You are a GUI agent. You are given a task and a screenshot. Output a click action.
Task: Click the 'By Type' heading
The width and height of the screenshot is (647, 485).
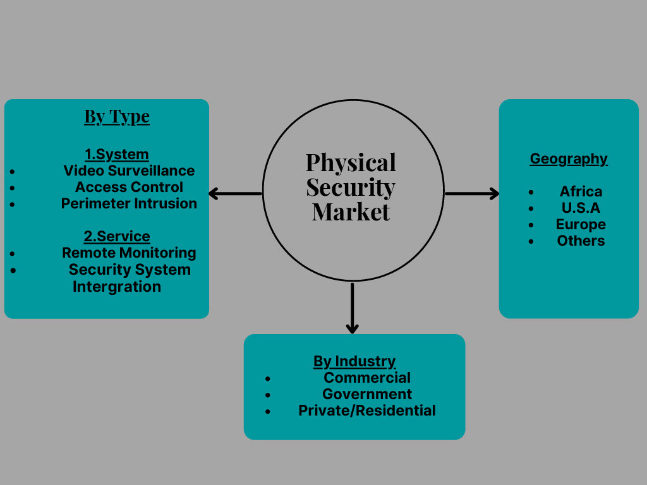point(117,117)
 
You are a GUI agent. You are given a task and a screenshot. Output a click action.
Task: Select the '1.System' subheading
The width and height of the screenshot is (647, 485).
point(117,154)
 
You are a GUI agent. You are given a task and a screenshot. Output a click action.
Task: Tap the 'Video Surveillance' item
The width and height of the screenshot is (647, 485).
point(129,171)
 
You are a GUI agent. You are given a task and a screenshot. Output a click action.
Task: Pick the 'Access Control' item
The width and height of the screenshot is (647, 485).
point(129,187)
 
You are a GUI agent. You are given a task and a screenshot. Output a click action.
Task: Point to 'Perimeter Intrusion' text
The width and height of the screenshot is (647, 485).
point(129,203)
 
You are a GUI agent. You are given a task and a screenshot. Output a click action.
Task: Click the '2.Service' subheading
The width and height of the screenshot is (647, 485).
point(117,236)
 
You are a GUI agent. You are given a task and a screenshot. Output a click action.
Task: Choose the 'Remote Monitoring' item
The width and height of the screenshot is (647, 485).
point(129,253)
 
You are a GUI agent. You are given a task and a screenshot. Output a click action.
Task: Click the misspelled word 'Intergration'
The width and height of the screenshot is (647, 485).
point(117,286)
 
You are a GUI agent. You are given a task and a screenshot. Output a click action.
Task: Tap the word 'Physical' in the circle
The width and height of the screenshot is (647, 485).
point(351,162)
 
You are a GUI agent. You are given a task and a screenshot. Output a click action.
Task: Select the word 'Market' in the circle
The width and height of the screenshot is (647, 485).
point(351,212)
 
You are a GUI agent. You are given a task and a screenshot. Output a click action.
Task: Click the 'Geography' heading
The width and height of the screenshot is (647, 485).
point(569,159)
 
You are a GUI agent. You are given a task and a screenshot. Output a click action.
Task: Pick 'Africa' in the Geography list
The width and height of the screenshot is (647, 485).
point(581,191)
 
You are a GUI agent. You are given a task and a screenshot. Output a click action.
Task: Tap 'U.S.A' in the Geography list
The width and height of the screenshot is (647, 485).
point(581,208)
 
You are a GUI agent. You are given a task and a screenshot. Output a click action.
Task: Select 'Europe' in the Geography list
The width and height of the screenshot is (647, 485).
point(581,224)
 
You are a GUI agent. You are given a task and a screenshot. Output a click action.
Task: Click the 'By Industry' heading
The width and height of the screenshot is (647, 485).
point(354,361)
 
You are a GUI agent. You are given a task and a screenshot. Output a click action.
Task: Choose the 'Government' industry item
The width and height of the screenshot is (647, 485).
point(367,394)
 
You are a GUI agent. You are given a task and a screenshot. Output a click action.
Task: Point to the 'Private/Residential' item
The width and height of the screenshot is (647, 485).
point(367,410)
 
